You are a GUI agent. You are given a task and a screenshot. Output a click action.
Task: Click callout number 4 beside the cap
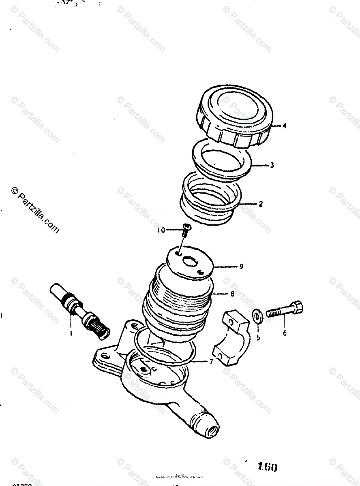tap(285, 126)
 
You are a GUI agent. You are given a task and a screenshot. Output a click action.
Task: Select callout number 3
tap(272, 165)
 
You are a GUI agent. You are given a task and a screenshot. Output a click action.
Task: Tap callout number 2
tap(261, 204)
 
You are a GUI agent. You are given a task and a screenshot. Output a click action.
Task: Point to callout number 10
tap(161, 230)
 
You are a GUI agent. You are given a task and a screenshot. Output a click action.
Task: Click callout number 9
tap(241, 266)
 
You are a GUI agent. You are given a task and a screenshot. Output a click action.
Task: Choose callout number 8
tap(232, 295)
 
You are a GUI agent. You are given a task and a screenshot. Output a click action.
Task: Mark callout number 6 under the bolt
tap(285, 333)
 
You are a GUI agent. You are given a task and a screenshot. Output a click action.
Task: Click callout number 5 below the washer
tap(258, 337)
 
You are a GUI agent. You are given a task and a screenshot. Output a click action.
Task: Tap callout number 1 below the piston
tap(71, 333)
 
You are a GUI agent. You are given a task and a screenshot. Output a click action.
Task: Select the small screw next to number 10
tap(187, 230)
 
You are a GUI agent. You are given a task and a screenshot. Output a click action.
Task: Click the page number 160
tap(268, 467)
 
